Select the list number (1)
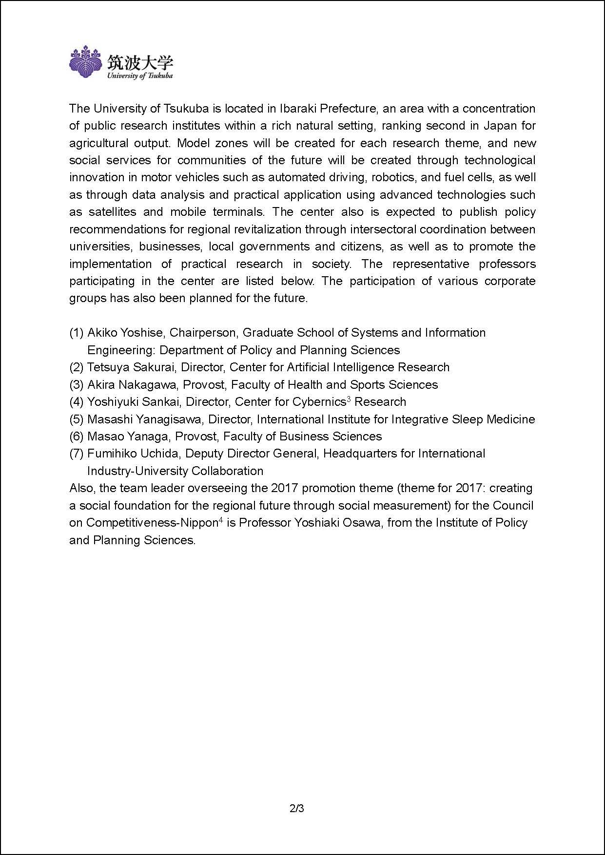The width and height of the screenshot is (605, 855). (x=77, y=333)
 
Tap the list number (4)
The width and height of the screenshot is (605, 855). (x=77, y=402)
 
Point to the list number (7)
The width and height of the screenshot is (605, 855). (x=77, y=454)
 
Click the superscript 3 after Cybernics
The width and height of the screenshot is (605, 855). (x=349, y=399)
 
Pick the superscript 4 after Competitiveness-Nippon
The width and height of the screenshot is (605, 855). (x=220, y=520)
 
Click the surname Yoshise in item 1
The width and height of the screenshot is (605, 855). (x=141, y=333)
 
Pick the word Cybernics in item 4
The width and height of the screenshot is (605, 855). (x=319, y=402)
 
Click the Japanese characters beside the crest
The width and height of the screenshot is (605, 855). (x=140, y=62)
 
